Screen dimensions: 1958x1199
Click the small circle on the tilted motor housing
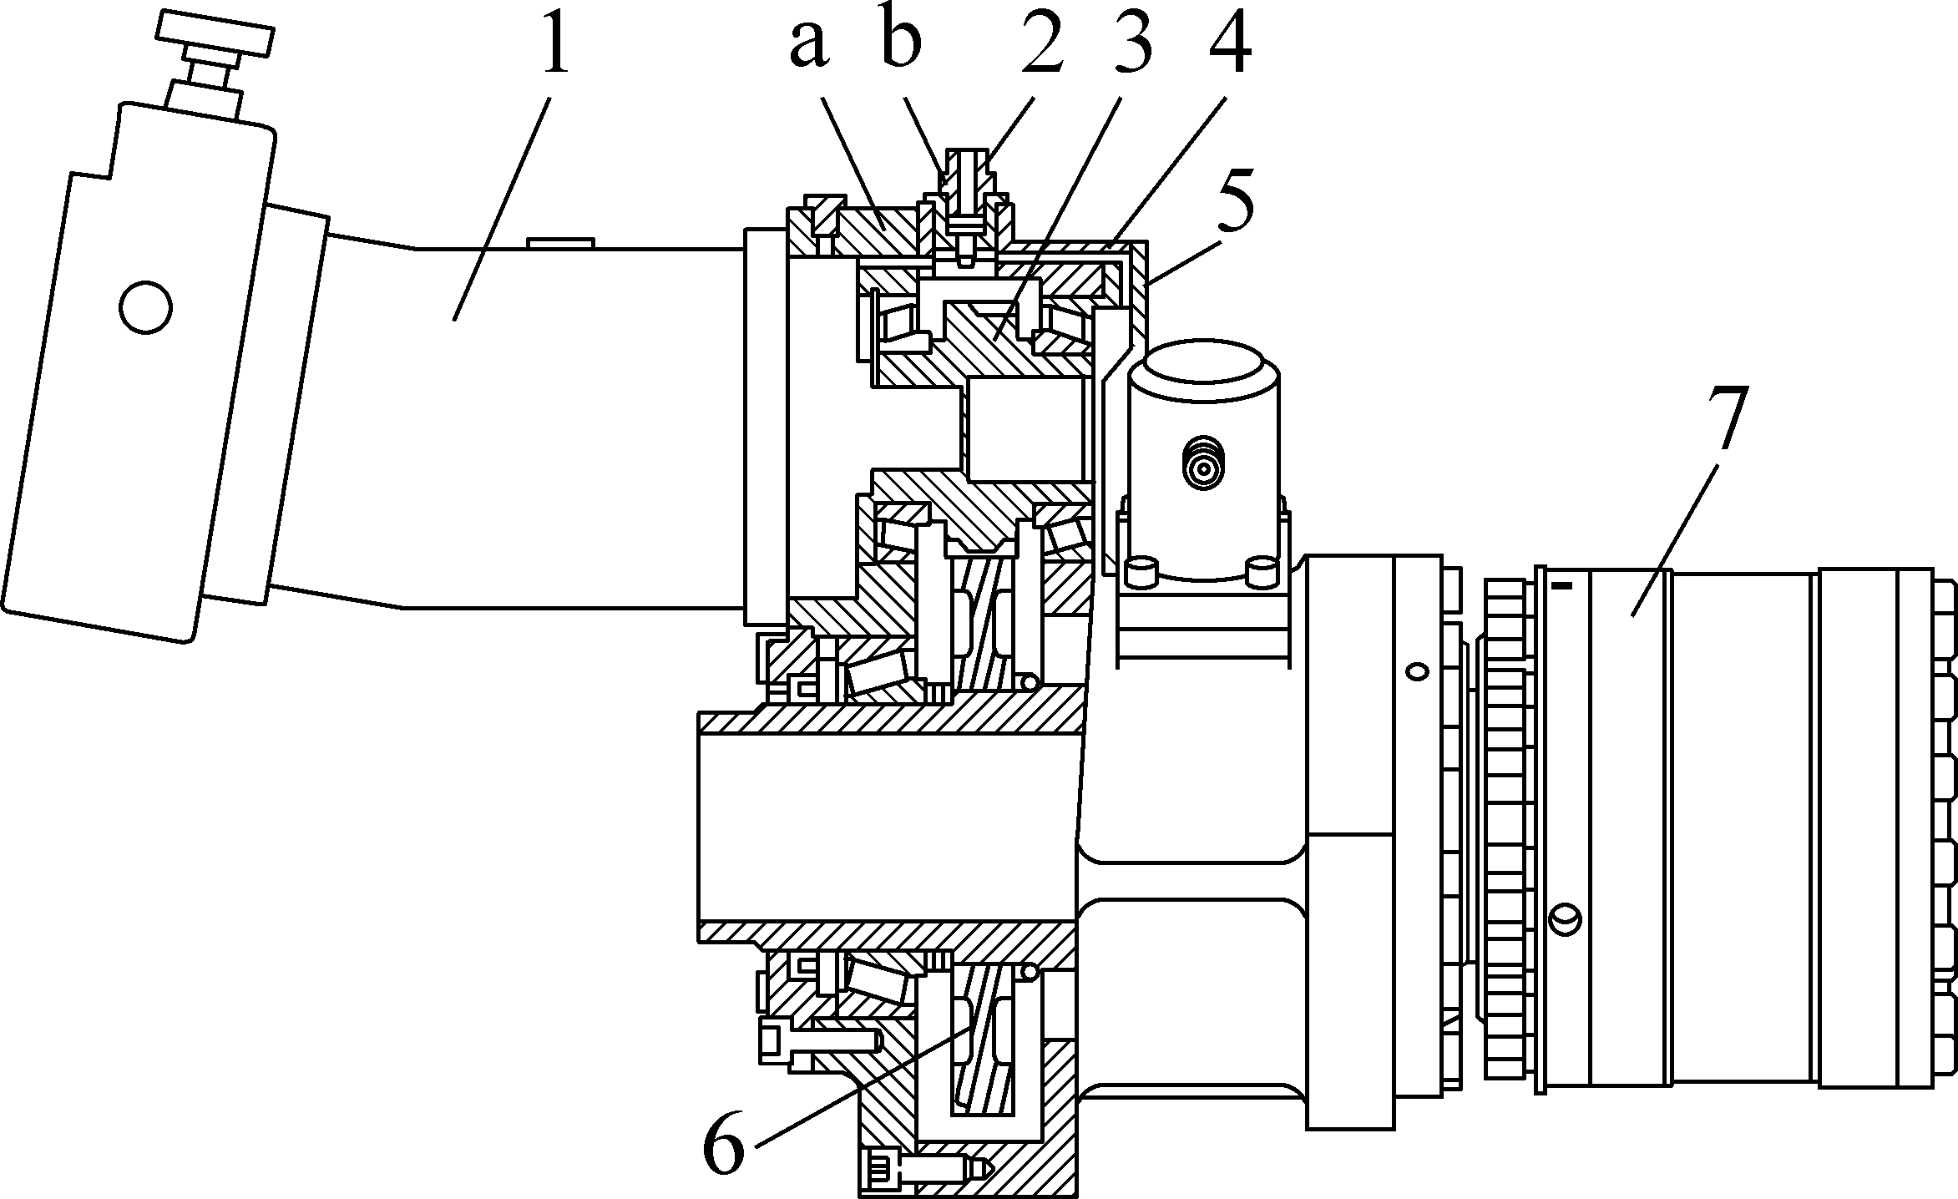point(146,307)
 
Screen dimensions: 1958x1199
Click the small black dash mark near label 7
point(1561,586)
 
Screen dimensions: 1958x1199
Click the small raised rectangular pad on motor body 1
point(560,243)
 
